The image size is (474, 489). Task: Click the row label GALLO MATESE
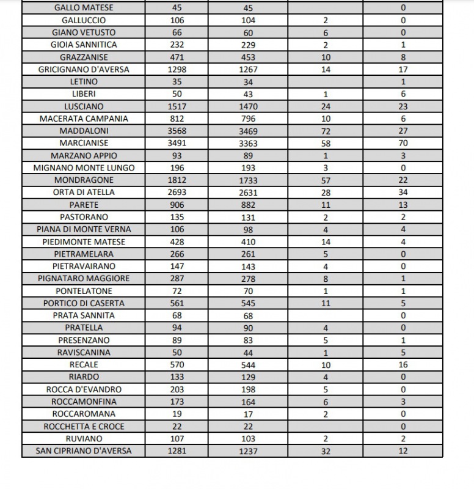click(x=84, y=8)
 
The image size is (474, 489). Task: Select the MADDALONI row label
click(x=84, y=131)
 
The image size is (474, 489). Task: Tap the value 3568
click(x=177, y=131)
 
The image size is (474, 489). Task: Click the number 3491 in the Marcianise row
click(x=177, y=143)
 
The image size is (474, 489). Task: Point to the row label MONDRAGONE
click(x=84, y=180)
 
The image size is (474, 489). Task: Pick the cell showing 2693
click(x=177, y=193)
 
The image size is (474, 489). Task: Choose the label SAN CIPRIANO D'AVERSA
click(x=84, y=451)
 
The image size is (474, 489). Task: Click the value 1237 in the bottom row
click(x=249, y=451)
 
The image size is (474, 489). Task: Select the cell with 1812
click(x=177, y=180)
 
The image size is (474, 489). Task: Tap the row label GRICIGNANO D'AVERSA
click(x=84, y=69)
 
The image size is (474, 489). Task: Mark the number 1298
click(x=177, y=69)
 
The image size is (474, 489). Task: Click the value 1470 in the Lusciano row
click(x=249, y=106)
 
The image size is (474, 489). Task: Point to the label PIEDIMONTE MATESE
click(x=84, y=241)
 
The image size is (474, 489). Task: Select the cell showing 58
click(x=326, y=143)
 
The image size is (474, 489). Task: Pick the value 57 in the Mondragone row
click(x=326, y=180)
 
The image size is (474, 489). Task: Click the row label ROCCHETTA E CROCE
click(x=84, y=426)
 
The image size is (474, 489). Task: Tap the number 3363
click(x=249, y=143)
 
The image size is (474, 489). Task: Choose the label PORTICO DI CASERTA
click(x=84, y=303)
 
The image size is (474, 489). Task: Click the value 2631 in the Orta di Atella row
click(x=249, y=193)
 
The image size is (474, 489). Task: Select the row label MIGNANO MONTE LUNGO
click(x=84, y=167)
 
